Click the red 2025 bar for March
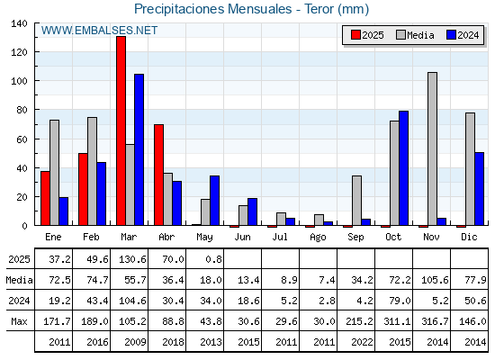121,130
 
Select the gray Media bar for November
432,148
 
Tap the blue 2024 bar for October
404,168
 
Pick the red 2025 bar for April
158,175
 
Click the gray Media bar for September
356,201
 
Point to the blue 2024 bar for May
215,201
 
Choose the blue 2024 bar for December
479,189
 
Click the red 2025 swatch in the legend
355,35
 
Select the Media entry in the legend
415,35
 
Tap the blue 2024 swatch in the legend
452,35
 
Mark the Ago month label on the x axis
318,238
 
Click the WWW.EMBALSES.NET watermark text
99,31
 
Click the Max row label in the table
19,321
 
